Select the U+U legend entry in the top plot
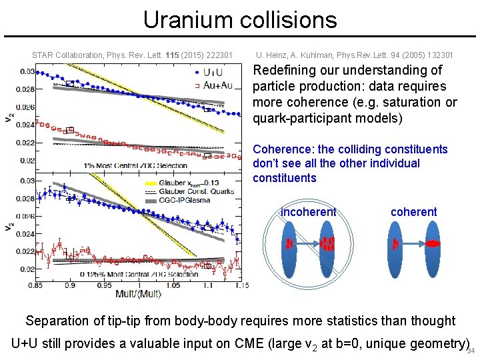213,71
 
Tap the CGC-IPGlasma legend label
188,199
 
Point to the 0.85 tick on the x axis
36,285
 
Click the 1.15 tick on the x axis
241,285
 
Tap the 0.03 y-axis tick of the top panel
27,71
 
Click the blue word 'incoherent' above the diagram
308,212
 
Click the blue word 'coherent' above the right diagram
413,212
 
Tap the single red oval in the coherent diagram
433,244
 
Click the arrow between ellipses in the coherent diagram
413,244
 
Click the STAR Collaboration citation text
132,55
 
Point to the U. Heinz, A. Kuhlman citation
354,55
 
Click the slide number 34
471,351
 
